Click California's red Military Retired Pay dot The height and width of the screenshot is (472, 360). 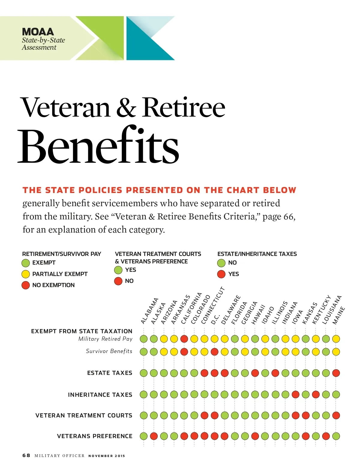pos(184,339)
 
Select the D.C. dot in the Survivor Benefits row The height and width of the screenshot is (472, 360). pos(214,352)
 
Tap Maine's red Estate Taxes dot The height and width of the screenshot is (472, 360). pos(336,373)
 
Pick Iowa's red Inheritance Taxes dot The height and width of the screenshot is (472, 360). pos(295,394)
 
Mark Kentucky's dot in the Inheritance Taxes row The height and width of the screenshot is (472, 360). pos(316,394)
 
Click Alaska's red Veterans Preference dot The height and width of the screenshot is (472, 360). pos(154,436)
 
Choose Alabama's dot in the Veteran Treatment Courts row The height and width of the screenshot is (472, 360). pos(144,415)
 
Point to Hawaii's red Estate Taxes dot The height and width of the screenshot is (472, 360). pos(255,373)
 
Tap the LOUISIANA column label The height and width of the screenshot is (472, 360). pos(331,310)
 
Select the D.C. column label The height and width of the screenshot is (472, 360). pos(215,319)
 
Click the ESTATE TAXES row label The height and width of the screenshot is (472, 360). pos(109,373)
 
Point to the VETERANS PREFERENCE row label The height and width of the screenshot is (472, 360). pos(94,436)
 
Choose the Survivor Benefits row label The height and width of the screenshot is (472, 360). pos(109,351)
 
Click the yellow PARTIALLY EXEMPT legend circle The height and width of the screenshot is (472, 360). pos(26,274)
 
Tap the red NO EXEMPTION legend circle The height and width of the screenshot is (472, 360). pos(26,285)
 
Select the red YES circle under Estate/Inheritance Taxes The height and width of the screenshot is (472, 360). pos(221,274)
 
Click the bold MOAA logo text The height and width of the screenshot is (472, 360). pos(38,32)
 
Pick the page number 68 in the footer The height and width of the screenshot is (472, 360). pos(26,455)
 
